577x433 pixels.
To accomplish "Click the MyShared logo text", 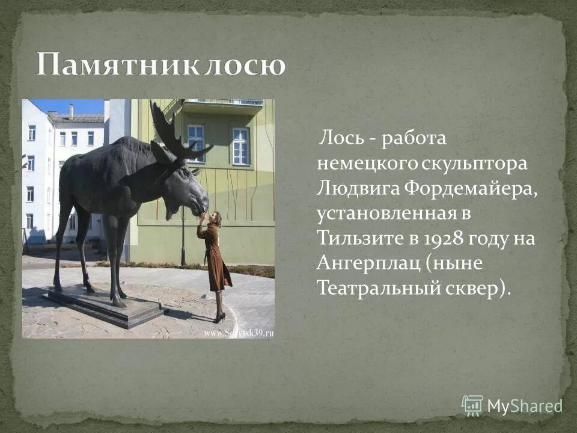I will coord(524,406).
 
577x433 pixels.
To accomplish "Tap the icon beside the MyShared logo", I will coord(472,405).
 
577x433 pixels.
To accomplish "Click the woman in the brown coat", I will coord(215,259).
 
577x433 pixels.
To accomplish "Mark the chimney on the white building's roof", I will coord(71,111).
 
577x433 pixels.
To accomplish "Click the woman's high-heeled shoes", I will coord(219,317).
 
